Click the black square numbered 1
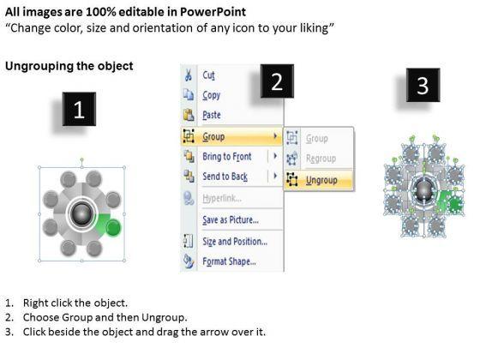tap(79, 109)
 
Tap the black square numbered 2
tap(277, 81)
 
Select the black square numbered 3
tap(423, 85)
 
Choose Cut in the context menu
tap(208, 75)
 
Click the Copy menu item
tap(211, 95)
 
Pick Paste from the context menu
tap(212, 115)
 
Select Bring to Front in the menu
tap(227, 156)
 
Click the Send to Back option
tap(225, 177)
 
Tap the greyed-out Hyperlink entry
tap(222, 198)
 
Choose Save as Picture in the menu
tap(231, 219)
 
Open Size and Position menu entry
tap(235, 242)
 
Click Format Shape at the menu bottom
tap(229, 261)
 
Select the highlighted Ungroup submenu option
tap(321, 180)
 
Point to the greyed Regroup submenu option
tap(321, 159)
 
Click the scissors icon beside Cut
tap(189, 75)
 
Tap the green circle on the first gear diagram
tap(113, 227)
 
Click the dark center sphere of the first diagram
tap(81, 214)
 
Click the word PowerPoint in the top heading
tap(213, 12)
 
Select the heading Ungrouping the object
tap(69, 66)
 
